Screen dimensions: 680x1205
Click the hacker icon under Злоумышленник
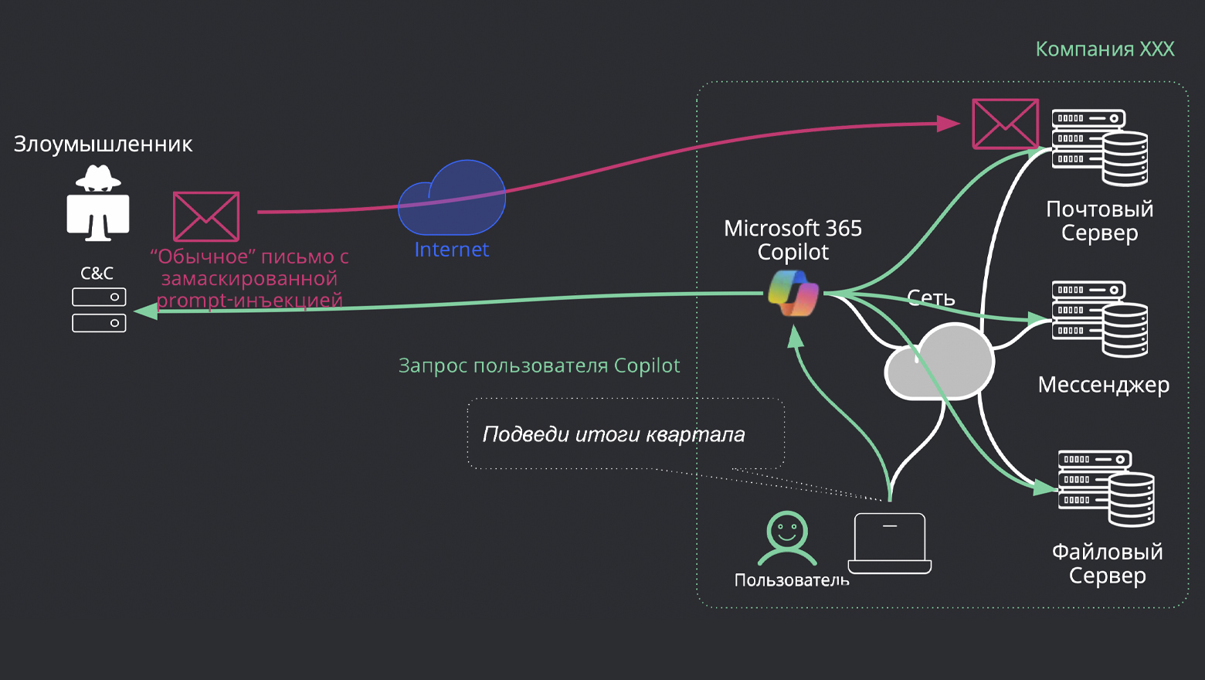(x=97, y=202)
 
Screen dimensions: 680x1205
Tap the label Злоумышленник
(x=103, y=144)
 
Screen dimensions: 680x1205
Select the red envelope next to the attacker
(x=206, y=216)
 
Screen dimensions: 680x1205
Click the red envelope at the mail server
(x=1004, y=124)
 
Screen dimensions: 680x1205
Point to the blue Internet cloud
(x=452, y=199)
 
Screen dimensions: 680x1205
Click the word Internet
(x=452, y=250)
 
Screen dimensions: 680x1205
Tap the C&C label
(x=97, y=274)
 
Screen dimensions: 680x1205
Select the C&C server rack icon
(x=99, y=310)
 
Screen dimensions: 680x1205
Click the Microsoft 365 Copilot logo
(x=793, y=294)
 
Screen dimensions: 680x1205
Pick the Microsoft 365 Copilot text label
(x=793, y=240)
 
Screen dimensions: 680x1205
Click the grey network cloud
(x=939, y=363)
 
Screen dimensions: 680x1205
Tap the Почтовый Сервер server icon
(x=1099, y=148)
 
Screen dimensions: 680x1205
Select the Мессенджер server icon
(x=1099, y=319)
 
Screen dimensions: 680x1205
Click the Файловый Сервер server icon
(x=1105, y=489)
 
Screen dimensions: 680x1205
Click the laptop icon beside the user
(x=890, y=544)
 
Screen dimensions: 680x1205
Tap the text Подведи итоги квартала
(x=613, y=434)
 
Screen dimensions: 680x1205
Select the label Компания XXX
(x=1105, y=49)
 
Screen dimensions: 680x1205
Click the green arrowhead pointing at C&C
(x=145, y=311)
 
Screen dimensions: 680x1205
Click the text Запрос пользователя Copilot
(x=538, y=365)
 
